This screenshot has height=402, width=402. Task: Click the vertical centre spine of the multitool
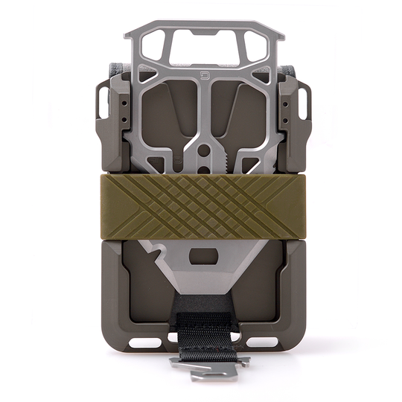(x=201, y=112)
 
